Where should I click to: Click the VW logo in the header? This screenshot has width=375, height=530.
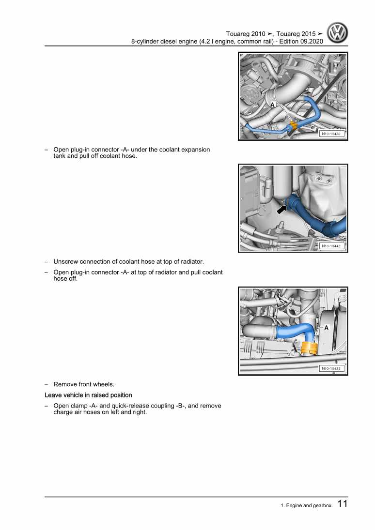point(337,33)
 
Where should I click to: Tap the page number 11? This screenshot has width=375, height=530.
point(343,504)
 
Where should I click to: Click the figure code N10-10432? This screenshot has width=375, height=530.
point(331,134)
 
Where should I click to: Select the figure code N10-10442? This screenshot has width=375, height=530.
point(331,246)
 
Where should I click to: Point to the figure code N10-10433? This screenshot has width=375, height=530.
point(331,368)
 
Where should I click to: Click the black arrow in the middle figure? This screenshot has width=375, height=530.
point(281,209)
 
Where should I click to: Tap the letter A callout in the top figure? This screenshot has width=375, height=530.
point(273,105)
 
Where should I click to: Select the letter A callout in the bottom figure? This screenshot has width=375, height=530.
point(326,328)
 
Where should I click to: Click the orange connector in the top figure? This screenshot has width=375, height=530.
point(293,125)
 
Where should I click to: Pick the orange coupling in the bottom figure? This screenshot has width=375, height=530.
point(309,348)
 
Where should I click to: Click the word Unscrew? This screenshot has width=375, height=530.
point(66,262)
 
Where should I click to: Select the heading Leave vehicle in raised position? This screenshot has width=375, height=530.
point(88,395)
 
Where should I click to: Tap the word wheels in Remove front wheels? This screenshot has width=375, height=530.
point(104,384)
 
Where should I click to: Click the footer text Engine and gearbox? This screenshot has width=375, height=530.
point(309,506)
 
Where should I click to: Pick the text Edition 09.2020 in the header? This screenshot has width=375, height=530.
point(301,42)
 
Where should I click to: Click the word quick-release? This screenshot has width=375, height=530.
point(130,406)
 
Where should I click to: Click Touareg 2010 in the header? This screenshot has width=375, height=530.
point(246,34)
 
